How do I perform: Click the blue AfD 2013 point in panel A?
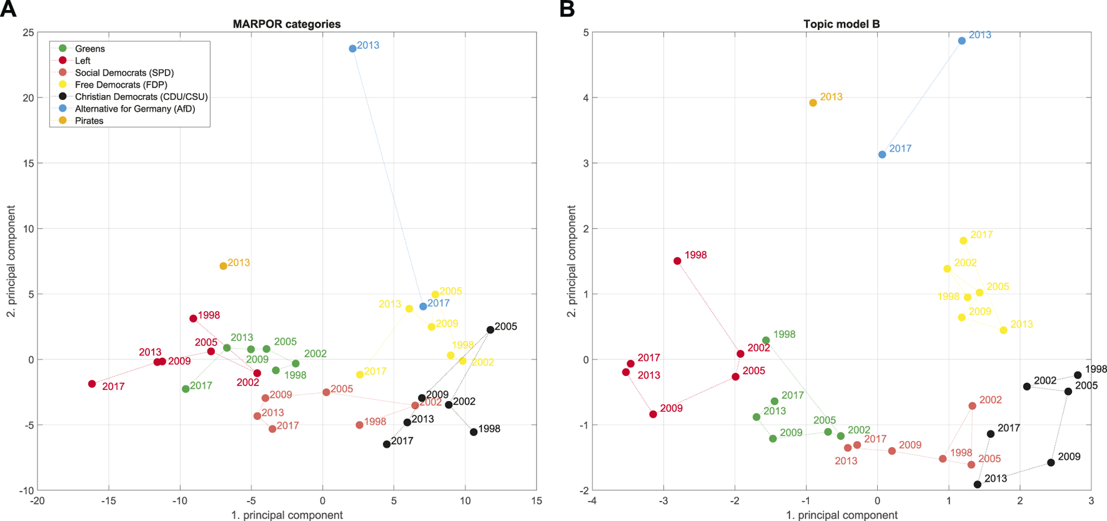tap(352, 48)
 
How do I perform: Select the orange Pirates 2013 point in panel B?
tap(813, 103)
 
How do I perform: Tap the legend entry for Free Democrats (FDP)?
tap(121, 84)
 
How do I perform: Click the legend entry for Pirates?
tap(89, 121)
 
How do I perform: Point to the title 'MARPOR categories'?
tap(287, 24)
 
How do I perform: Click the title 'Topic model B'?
tap(841, 24)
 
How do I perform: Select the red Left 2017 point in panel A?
tap(92, 384)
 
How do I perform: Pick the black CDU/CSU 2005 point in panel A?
tap(490, 330)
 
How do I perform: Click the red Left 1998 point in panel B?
tap(677, 261)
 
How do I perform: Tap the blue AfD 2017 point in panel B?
tap(882, 154)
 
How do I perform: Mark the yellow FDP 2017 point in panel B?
tap(963, 241)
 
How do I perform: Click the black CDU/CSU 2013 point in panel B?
tap(978, 484)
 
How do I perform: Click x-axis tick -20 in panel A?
tap(37, 501)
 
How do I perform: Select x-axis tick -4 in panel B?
tap(592, 501)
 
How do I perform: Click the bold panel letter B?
tap(567, 9)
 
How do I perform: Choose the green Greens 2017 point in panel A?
tap(186, 389)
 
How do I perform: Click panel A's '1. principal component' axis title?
tap(287, 515)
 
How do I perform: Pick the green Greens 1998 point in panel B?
tap(766, 340)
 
